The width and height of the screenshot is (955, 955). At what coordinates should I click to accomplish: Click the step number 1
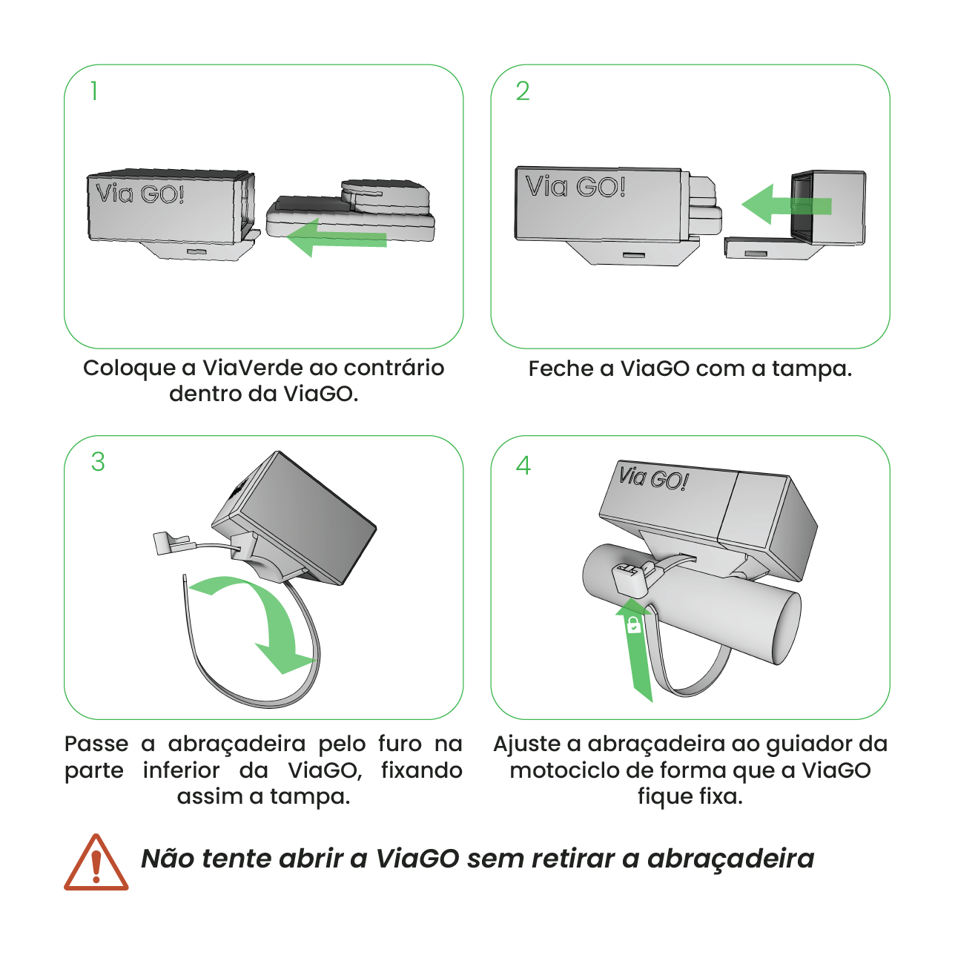coord(94,91)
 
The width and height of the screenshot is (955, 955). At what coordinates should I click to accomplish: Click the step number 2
coord(523,91)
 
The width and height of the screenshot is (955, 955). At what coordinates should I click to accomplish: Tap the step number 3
coord(98,462)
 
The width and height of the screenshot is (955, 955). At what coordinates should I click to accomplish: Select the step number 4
coord(523,466)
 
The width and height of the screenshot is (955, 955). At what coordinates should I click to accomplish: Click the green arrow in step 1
coord(337,237)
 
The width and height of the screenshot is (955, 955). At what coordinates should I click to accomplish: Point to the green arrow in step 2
coord(787,205)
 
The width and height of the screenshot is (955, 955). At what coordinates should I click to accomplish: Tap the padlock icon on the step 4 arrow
coord(634,626)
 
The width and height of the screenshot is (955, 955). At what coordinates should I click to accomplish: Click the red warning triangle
coord(96,863)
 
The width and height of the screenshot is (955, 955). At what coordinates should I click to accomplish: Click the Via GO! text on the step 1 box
coord(139,194)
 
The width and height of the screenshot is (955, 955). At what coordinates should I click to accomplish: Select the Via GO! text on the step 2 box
coord(575,187)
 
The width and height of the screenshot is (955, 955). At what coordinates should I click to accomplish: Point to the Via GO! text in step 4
coord(654,478)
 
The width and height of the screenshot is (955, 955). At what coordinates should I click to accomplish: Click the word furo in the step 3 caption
coord(400,744)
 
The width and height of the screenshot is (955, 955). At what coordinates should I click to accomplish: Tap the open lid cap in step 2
coord(827,208)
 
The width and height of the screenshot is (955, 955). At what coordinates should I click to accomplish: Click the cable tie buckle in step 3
coord(171,542)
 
